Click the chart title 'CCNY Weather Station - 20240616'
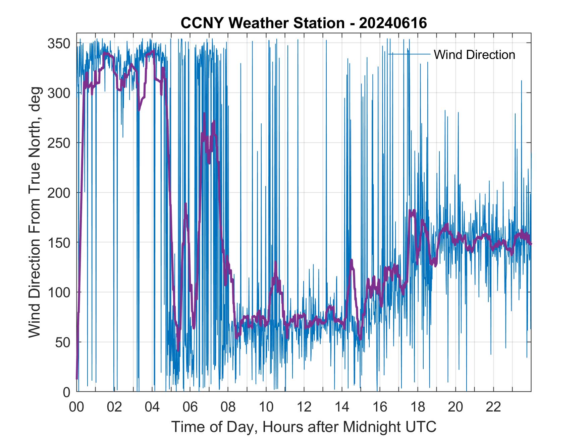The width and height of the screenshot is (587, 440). tap(304, 23)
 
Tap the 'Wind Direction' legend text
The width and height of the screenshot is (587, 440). tap(474, 55)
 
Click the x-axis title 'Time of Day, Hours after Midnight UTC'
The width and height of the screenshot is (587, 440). tap(304, 427)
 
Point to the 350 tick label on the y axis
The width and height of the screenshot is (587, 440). tap(59, 43)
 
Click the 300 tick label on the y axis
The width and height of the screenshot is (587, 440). tap(59, 93)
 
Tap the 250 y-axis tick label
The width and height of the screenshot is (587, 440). tap(59, 143)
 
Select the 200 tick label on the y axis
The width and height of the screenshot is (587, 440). tap(59, 193)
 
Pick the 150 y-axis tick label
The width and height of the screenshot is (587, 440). tap(59, 242)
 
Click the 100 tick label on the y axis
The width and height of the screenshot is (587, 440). tap(59, 292)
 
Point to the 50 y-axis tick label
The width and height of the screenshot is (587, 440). tap(63, 342)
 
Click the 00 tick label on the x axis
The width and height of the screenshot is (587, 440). tap(76, 407)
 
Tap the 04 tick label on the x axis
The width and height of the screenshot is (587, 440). tap(152, 407)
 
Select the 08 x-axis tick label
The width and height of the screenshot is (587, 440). tap(228, 407)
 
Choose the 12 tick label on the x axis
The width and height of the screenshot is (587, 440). tap(304, 407)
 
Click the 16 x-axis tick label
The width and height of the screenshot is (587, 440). tap(380, 407)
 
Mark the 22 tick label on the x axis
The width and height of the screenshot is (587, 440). tap(493, 407)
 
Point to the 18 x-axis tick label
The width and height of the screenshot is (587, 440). tap(418, 407)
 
